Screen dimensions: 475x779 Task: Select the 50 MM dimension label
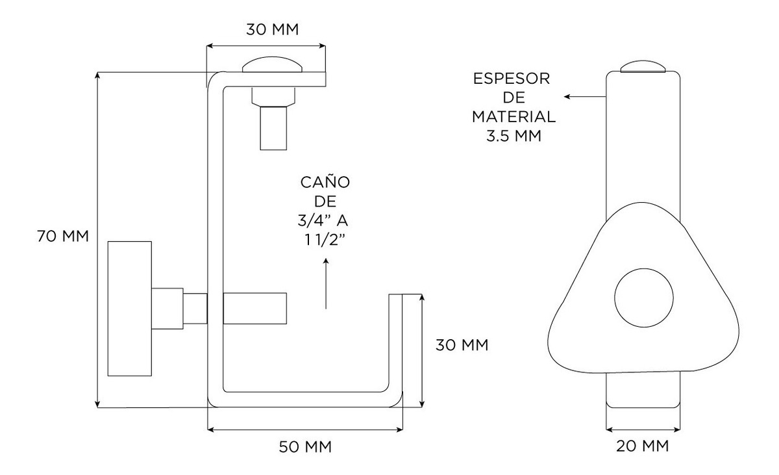tap(305, 447)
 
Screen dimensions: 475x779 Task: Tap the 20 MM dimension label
tap(643, 446)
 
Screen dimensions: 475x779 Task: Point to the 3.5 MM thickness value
tap(513, 136)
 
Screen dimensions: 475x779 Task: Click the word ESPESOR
tap(512, 79)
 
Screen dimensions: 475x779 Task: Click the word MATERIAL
tap(513, 118)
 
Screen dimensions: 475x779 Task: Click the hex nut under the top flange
tap(273, 96)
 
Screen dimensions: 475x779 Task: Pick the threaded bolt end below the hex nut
tap(273, 128)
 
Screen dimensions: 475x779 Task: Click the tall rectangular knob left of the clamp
tap(130, 308)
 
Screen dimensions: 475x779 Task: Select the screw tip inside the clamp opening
tap(254, 308)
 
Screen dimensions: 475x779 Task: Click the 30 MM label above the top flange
tap(273, 30)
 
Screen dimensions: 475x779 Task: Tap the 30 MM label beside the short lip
tap(462, 344)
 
